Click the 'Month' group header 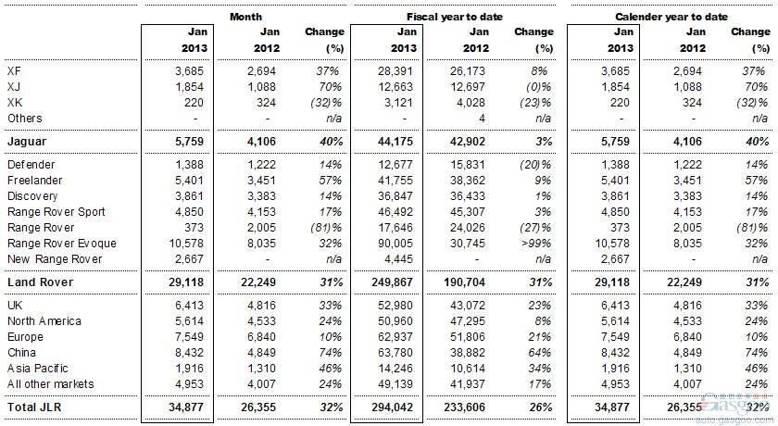point(245,17)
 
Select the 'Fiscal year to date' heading point(455,17)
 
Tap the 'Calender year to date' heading point(671,17)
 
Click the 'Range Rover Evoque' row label point(62,244)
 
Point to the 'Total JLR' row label point(34,407)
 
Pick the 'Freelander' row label point(35,181)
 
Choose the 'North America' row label point(44,321)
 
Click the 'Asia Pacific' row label point(38,369)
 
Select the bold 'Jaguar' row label point(27,142)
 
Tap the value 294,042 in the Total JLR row point(392,407)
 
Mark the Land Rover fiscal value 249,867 point(392,282)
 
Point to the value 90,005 point(395,244)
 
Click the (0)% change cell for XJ point(538,87)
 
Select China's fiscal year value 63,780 point(395,353)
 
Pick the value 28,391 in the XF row point(395,71)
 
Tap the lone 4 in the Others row point(482,119)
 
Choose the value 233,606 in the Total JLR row point(464,407)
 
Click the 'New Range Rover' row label point(55,259)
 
